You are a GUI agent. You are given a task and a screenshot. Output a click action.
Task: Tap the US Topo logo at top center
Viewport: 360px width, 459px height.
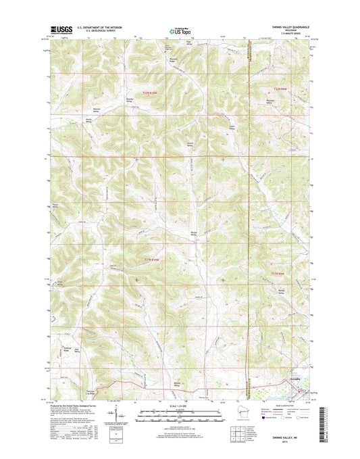(179, 30)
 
